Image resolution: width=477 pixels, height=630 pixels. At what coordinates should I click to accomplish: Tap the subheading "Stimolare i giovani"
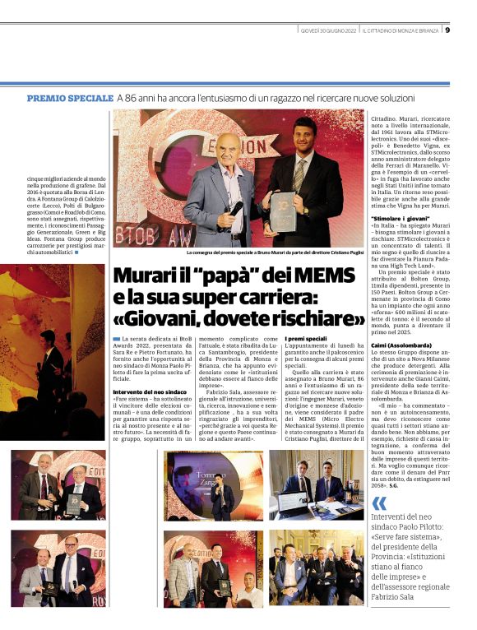[400, 218]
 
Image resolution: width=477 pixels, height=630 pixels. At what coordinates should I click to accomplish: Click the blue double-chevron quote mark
[379, 503]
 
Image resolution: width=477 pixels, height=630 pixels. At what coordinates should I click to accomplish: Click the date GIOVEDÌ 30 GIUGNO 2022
[327, 30]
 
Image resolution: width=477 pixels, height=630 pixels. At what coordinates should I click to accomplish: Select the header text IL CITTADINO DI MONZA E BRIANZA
[401, 30]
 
